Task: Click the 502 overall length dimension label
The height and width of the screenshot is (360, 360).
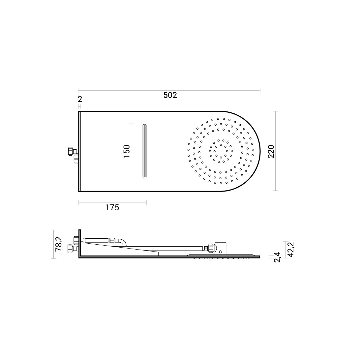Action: coord(170,95)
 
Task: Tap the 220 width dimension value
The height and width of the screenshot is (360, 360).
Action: coord(271,152)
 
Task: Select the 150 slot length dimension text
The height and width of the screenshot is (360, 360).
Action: coord(127,151)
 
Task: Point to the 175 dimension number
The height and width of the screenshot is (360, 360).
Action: coord(112,208)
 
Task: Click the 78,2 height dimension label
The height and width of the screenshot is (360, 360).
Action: coord(59,244)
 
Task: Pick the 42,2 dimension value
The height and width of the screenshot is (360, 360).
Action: coord(291,250)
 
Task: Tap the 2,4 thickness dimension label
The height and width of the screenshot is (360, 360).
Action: coord(277,257)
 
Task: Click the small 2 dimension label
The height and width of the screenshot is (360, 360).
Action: coord(80,99)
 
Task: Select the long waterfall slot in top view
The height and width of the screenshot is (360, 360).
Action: coord(144,151)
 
